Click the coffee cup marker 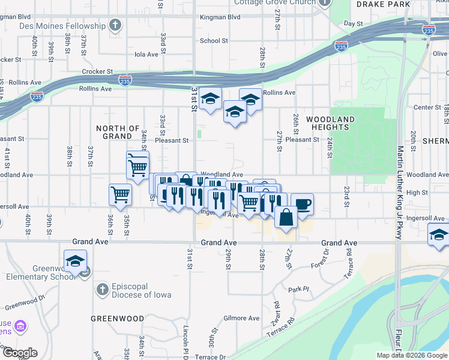tap(303, 203)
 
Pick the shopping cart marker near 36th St tap(120, 194)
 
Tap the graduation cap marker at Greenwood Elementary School tap(76, 261)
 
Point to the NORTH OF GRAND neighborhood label tap(118, 132)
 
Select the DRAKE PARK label tap(391, 4)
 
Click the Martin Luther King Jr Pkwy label tap(400, 192)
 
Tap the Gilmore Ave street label tap(241, 318)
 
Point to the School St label tap(214, 41)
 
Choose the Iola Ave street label tap(146, 54)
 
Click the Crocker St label tap(98, 71)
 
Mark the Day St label tap(354, 24)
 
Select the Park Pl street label tap(298, 289)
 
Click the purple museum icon tap(20, 326)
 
